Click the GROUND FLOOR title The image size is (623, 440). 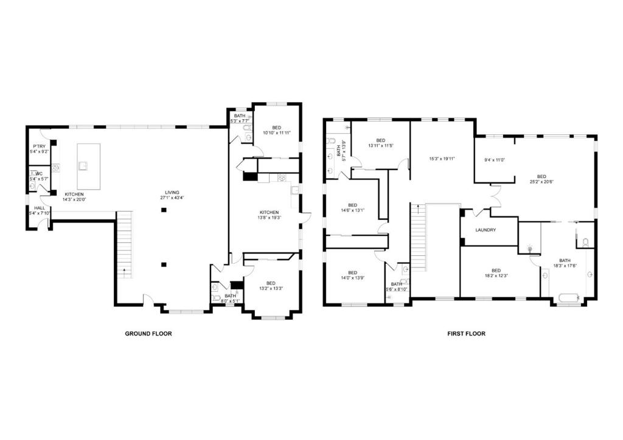[148, 333]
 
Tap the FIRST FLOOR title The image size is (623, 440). [466, 333]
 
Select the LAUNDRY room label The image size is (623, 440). [486, 230]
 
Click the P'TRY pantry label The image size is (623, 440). [40, 148]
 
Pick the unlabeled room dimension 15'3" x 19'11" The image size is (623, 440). [442, 159]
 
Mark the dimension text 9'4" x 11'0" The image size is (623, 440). [495, 160]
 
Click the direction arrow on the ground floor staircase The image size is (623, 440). [124, 269]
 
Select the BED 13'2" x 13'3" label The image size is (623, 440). [271, 286]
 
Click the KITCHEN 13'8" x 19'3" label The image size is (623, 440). [268, 215]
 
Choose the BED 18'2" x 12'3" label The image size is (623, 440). [496, 273]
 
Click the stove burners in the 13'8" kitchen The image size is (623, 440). [282, 177]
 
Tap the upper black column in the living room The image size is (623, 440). [163, 210]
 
